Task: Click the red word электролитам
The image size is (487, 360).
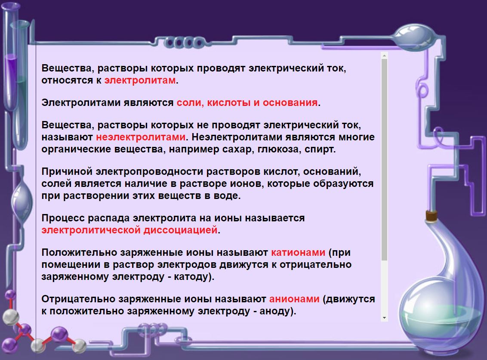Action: click(140, 81)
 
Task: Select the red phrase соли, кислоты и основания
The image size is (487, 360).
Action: click(247, 102)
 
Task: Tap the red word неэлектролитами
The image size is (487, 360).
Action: click(141, 137)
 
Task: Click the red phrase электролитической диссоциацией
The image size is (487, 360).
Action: click(129, 230)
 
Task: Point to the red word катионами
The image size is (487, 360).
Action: click(298, 252)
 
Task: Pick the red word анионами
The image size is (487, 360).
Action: click(294, 299)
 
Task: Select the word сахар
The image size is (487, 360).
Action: click(238, 149)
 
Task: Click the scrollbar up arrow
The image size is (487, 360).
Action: click(384, 56)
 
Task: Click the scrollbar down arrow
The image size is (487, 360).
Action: click(384, 318)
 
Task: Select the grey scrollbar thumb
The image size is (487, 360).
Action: click(384, 160)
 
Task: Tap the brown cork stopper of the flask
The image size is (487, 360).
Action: click(431, 215)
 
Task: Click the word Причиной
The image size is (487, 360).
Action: click(67, 172)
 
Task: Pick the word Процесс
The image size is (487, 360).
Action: click(63, 218)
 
